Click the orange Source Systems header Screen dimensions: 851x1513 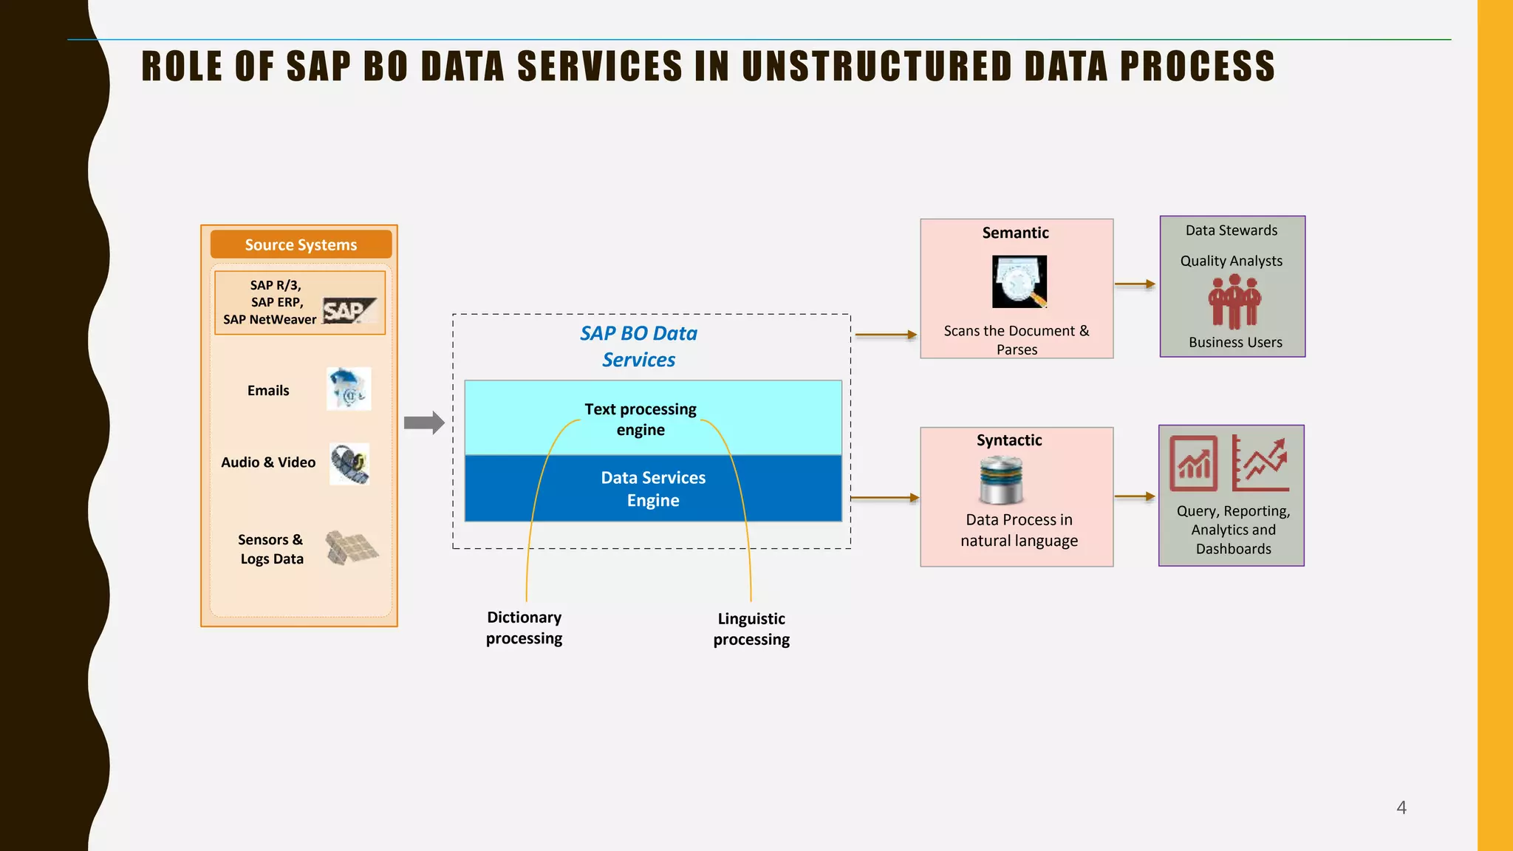(x=301, y=245)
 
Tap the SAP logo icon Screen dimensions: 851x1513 (x=349, y=311)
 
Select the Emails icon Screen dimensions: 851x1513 (x=349, y=389)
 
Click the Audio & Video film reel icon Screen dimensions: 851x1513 (x=349, y=464)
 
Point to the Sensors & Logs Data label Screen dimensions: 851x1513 (x=271, y=549)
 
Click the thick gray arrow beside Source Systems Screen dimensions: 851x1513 (x=424, y=423)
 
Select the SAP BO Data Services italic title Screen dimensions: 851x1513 (x=638, y=346)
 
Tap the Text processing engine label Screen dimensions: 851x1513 (x=640, y=419)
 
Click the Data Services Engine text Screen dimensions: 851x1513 (x=653, y=488)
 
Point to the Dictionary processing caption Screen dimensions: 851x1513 (x=524, y=627)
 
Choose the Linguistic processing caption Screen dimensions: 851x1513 (x=751, y=629)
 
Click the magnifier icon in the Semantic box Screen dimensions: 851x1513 (x=1020, y=281)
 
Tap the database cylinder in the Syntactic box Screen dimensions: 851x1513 (x=1001, y=480)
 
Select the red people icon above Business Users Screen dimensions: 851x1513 (x=1234, y=301)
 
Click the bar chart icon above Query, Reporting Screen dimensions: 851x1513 (x=1193, y=463)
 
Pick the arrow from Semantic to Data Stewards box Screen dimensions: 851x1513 (x=1135, y=284)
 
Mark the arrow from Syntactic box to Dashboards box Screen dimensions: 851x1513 (x=1135, y=496)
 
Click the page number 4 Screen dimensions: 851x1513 (x=1401, y=807)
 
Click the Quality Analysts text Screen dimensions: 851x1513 (x=1231, y=261)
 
